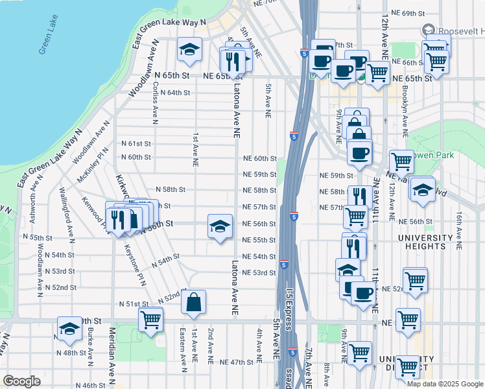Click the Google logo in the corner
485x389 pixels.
point(21,381)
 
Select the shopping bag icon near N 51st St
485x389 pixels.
point(194,302)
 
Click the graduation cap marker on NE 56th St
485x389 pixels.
point(220,227)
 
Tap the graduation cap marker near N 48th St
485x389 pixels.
point(69,330)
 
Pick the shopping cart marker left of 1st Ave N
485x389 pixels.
point(150,319)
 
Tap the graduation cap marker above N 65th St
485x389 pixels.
point(189,49)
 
